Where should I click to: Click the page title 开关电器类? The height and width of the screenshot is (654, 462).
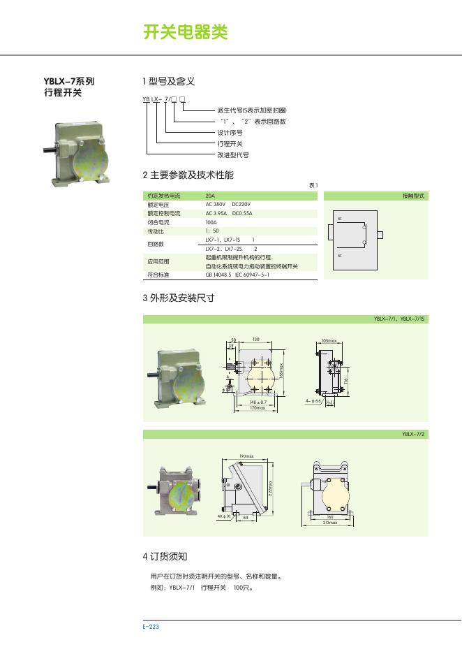coord(185,33)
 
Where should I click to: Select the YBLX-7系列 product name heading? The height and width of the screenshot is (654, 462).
coord(69,81)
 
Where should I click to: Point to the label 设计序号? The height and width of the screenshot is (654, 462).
coord(230,132)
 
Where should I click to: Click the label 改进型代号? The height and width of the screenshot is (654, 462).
coord(232,154)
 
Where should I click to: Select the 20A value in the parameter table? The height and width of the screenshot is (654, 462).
coord(210,196)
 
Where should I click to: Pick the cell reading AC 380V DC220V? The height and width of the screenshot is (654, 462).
coord(228,205)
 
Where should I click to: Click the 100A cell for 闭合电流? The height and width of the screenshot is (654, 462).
coord(211,222)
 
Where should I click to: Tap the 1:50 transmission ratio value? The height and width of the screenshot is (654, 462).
coord(211,231)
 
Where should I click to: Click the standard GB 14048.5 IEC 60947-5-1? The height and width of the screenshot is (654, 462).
coord(237,275)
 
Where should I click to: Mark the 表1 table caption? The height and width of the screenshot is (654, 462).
coord(313,185)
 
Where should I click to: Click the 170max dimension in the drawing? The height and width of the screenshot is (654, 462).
coord(258,408)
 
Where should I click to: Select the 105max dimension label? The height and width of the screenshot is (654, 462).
coord(329,341)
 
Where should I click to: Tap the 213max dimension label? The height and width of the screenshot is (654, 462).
coord(329,523)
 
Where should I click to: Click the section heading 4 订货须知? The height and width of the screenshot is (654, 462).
coord(165,557)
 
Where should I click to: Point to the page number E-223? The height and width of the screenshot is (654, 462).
coord(151,627)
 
